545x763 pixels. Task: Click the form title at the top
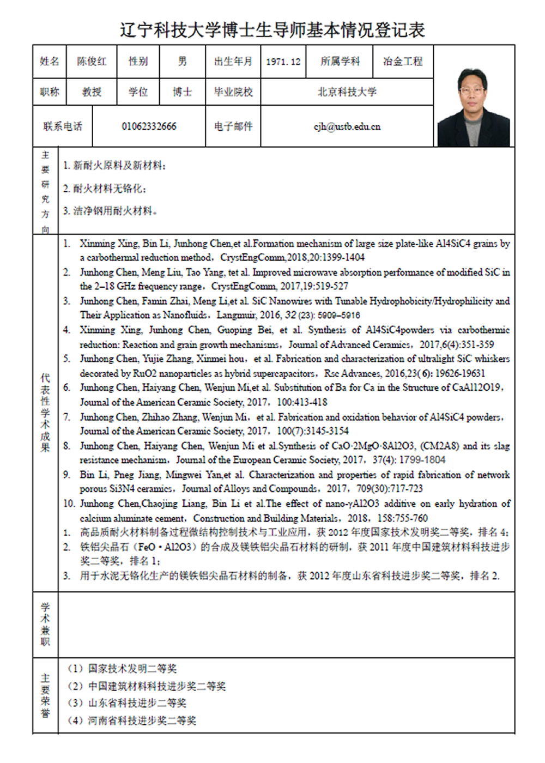click(272, 29)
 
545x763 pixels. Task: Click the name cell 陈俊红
click(92, 62)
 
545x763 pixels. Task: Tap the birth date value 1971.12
click(283, 62)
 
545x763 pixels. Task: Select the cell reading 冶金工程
click(403, 62)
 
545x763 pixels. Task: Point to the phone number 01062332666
click(149, 126)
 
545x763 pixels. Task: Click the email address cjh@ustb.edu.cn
click(347, 126)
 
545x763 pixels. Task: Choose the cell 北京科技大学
click(347, 92)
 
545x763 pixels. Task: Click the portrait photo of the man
click(474, 108)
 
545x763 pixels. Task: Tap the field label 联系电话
click(63, 126)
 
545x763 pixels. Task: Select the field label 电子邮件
click(233, 126)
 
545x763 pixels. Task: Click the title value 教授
click(92, 92)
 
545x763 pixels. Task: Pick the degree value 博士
click(182, 92)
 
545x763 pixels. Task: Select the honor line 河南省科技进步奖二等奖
click(142, 720)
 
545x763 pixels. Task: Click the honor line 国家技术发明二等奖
click(132, 669)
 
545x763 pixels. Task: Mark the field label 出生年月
click(233, 62)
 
